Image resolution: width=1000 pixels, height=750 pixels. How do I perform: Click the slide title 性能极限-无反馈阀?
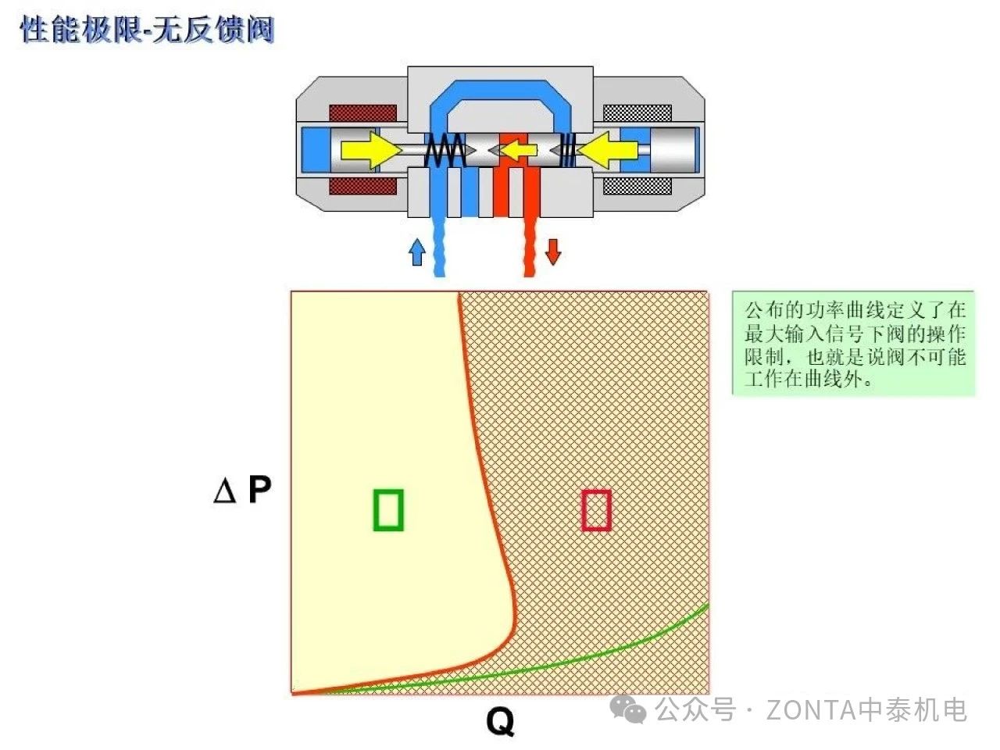click(x=147, y=30)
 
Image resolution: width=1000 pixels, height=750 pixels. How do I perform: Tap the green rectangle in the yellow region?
click(x=388, y=509)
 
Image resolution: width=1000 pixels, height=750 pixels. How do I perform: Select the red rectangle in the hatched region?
click(x=596, y=509)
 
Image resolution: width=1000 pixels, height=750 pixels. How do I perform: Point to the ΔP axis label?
click(x=242, y=491)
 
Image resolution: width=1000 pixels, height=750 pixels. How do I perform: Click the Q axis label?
click(x=500, y=720)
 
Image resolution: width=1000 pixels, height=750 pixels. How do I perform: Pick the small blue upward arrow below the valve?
click(x=417, y=252)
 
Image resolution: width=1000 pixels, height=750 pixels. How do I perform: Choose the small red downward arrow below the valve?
click(x=553, y=252)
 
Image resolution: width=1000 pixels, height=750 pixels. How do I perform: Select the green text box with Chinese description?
click(x=854, y=344)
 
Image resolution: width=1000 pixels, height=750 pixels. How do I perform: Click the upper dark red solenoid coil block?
click(x=362, y=112)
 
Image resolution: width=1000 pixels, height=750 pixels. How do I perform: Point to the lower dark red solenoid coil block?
click(x=362, y=186)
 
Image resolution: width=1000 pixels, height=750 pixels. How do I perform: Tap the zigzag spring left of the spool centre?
click(x=445, y=149)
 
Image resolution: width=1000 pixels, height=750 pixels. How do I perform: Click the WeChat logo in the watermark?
click(x=629, y=709)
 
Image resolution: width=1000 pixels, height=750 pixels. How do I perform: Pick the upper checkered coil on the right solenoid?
click(x=637, y=112)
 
